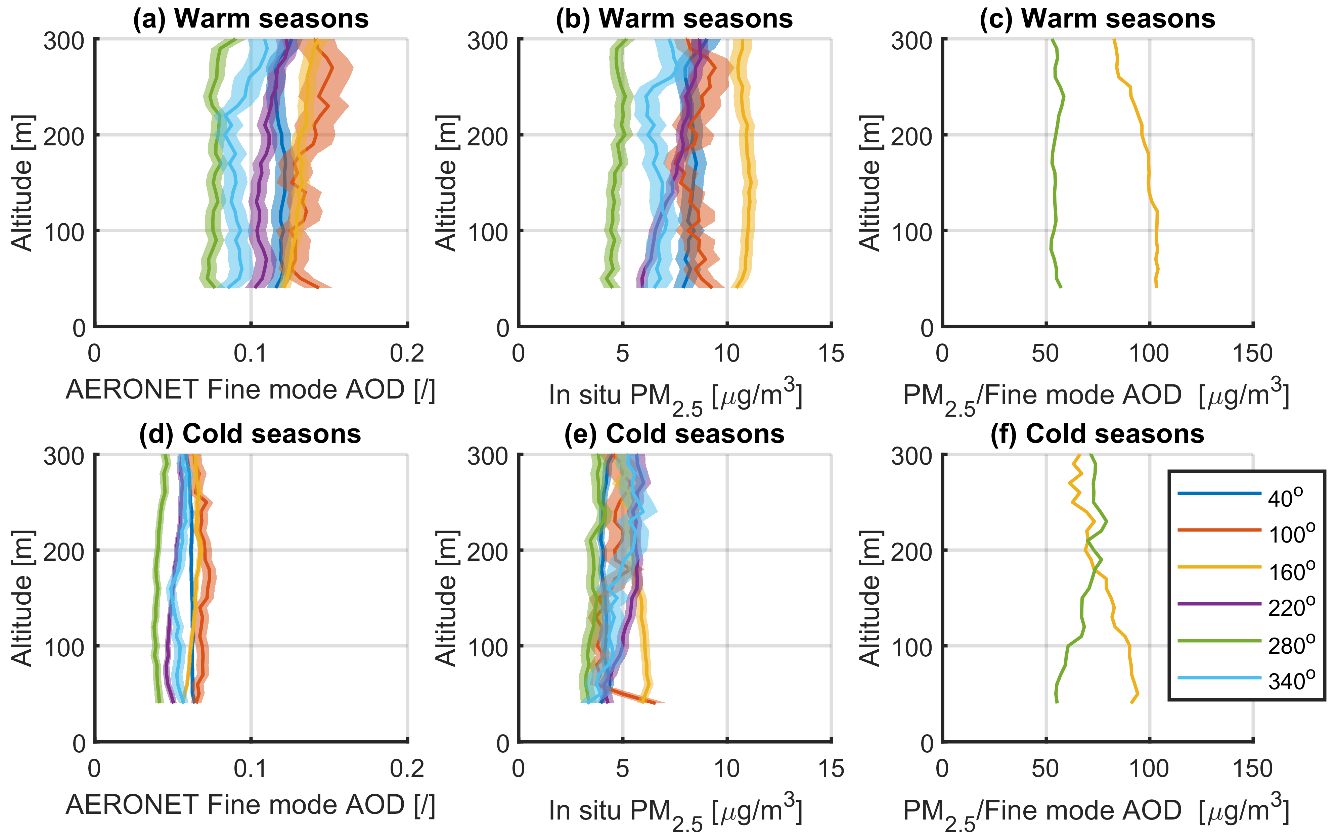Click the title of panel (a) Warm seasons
(251, 19)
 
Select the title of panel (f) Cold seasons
(1098, 434)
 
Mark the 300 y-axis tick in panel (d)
(64, 457)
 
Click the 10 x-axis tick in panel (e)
(726, 769)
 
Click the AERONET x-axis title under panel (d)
(251, 805)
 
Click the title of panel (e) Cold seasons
(674, 434)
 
